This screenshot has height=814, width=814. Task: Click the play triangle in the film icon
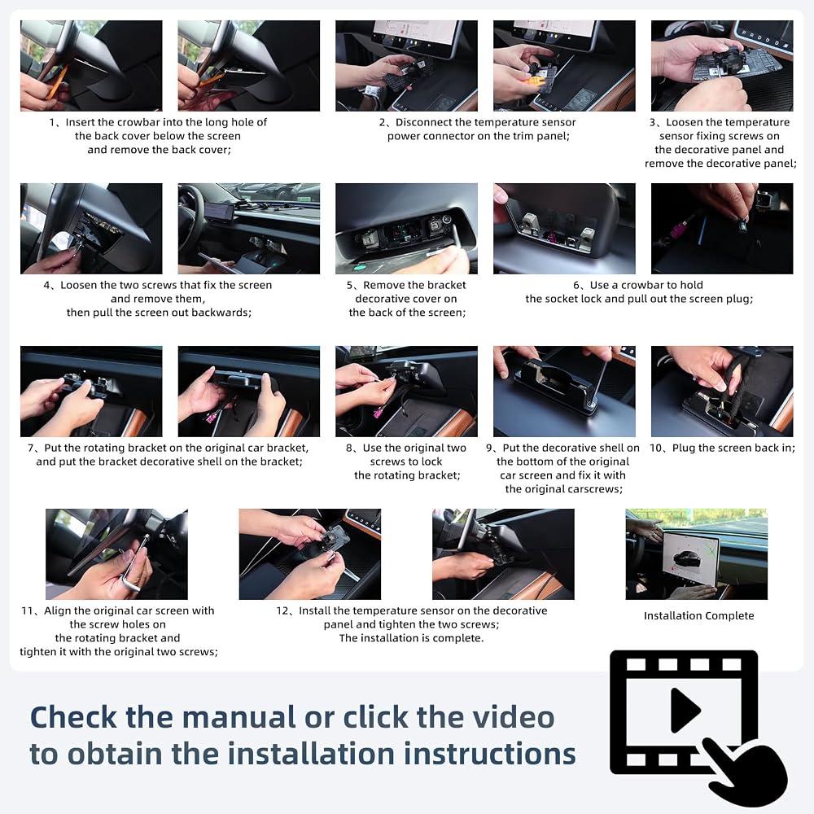[685, 710]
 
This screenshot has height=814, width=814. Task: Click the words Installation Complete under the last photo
[698, 616]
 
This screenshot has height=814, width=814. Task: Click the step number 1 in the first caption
[52, 123]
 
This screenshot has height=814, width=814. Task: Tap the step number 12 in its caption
[282, 611]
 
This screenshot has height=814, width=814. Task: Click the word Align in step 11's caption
[57, 611]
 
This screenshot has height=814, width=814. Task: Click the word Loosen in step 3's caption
[683, 123]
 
